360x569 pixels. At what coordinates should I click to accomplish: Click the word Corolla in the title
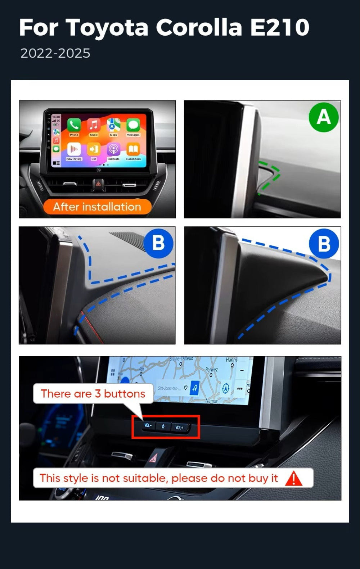(x=199, y=28)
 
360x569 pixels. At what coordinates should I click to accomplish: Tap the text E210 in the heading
(x=280, y=28)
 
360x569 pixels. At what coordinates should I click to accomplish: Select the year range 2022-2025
(x=55, y=53)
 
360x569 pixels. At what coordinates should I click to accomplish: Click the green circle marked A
(x=324, y=117)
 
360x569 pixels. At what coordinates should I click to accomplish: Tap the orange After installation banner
(x=97, y=207)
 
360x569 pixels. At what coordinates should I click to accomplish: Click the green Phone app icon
(x=74, y=125)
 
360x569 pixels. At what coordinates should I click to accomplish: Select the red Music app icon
(x=94, y=125)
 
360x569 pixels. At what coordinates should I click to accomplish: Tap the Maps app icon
(x=113, y=125)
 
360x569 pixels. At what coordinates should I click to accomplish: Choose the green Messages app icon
(x=133, y=125)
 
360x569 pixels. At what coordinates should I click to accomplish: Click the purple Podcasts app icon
(x=113, y=149)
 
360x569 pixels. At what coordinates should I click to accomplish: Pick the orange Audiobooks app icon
(x=133, y=149)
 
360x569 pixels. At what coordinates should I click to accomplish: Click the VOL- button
(x=148, y=425)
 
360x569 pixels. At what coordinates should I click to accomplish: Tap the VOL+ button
(x=179, y=427)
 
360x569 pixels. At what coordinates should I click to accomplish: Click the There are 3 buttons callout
(x=93, y=393)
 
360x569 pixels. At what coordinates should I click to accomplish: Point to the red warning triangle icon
(x=294, y=478)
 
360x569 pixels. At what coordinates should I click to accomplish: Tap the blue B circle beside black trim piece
(x=324, y=244)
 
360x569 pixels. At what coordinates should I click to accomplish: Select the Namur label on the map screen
(x=211, y=401)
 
